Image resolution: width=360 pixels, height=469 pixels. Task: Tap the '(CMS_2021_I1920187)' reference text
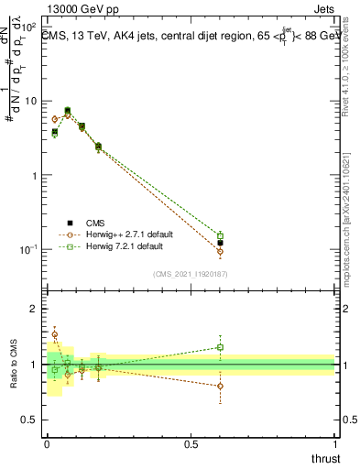point(191,274)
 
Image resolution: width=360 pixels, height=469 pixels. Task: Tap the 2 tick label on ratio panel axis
point(34,309)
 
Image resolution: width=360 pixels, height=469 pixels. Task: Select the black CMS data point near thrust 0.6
point(220,243)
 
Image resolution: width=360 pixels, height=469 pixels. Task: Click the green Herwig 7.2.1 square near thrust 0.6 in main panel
point(220,236)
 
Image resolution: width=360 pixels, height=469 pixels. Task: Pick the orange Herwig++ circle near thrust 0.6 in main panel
point(220,251)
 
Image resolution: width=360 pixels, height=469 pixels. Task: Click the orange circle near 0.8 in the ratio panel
point(220,386)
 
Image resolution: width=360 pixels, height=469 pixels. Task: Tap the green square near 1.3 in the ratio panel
point(220,347)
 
